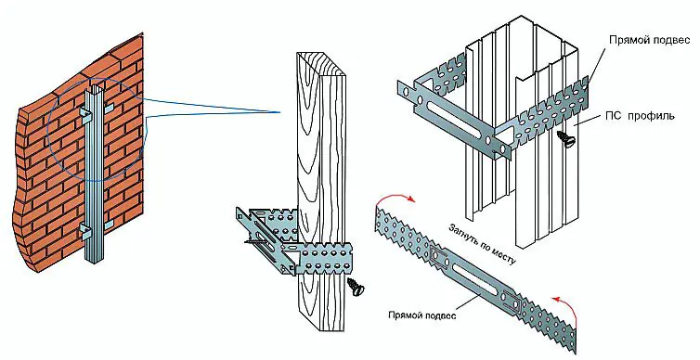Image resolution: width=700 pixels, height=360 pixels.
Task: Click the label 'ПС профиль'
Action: point(640,116)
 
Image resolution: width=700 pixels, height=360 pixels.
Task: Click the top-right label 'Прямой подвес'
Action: point(650,40)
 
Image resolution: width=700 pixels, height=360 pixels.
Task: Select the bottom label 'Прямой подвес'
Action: point(422,315)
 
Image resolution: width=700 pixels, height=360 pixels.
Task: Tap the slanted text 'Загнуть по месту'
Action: point(482,244)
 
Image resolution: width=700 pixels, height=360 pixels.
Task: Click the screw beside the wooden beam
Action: point(356,286)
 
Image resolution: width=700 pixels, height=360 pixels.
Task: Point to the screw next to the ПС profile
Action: point(566,137)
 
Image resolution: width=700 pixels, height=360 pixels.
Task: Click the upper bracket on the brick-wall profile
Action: point(85,113)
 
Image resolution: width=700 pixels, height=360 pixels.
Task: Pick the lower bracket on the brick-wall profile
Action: point(85,230)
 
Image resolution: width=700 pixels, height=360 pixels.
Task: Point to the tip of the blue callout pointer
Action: point(280,112)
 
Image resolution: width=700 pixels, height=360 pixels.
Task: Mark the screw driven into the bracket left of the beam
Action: point(253,242)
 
